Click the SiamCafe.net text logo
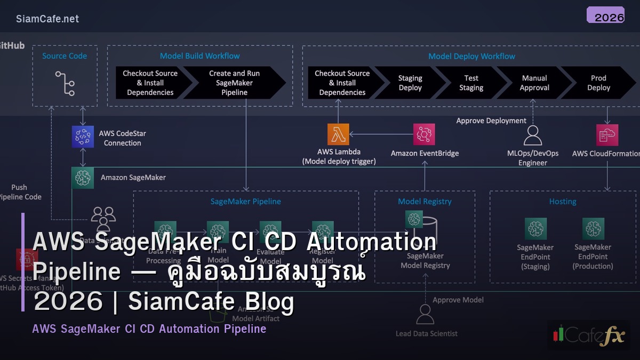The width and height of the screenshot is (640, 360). [47, 19]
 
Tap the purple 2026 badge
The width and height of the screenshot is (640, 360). [605, 15]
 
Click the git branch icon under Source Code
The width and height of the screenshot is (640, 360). [65, 83]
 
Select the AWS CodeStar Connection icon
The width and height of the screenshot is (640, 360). [83, 137]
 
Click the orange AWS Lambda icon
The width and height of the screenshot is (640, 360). [338, 134]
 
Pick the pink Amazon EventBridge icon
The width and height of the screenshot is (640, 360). [424, 134]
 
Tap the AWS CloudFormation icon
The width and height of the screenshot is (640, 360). [607, 135]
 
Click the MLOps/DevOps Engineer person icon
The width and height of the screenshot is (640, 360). [532, 135]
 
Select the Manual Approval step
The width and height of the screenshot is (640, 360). [534, 83]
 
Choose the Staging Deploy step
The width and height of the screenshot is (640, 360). [410, 83]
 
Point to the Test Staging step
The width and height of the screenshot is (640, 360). [471, 83]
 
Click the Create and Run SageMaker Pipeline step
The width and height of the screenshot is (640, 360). [234, 83]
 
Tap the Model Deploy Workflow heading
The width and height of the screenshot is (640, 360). [471, 56]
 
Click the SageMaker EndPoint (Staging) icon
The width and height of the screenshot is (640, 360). [535, 229]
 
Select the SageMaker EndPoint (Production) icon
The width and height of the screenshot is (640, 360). [593, 229]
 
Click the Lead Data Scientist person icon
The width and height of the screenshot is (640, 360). [425, 314]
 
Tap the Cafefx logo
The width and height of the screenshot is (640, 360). [588, 334]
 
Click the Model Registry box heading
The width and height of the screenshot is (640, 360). [425, 202]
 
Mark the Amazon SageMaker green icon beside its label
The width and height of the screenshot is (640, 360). [83, 178]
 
